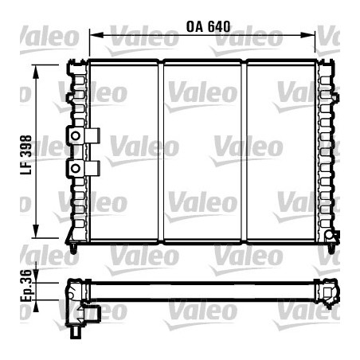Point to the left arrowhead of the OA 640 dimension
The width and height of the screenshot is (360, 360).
point(93,35)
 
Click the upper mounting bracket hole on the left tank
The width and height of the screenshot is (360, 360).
point(76,136)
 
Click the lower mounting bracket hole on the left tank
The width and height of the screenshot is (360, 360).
point(76,168)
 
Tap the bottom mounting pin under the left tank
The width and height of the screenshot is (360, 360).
point(75,248)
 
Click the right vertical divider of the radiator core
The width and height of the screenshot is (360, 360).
point(245,151)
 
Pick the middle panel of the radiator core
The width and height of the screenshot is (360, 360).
point(203,151)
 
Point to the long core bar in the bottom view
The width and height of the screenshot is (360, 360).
point(203,288)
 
